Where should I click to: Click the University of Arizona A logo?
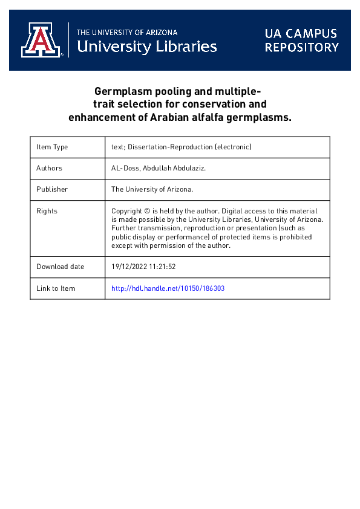tap(42, 40)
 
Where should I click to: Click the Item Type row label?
tap(52, 147)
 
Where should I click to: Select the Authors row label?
tap(49, 168)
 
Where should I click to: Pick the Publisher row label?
tap(51, 189)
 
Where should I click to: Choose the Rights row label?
tap(47, 211)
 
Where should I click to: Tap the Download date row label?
tap(60, 267)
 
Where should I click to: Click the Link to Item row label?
tap(56, 288)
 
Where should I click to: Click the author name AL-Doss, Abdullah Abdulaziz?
tap(159, 168)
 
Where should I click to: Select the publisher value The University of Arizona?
tap(152, 189)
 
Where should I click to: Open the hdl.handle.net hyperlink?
tap(168, 288)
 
